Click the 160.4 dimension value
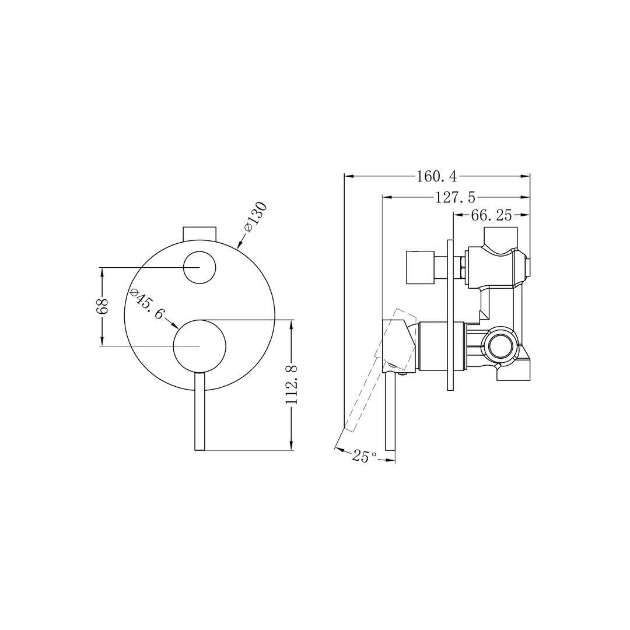[437, 176]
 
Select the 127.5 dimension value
[455, 197]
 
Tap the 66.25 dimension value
[491, 215]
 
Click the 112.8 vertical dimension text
[292, 385]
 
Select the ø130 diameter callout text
[256, 217]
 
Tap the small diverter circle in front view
[199, 268]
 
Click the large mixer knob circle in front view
[199, 346]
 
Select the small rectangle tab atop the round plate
[199, 233]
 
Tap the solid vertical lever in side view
[389, 417]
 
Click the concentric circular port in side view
[500, 347]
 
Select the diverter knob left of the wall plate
[420, 267]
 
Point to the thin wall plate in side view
[450, 315]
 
